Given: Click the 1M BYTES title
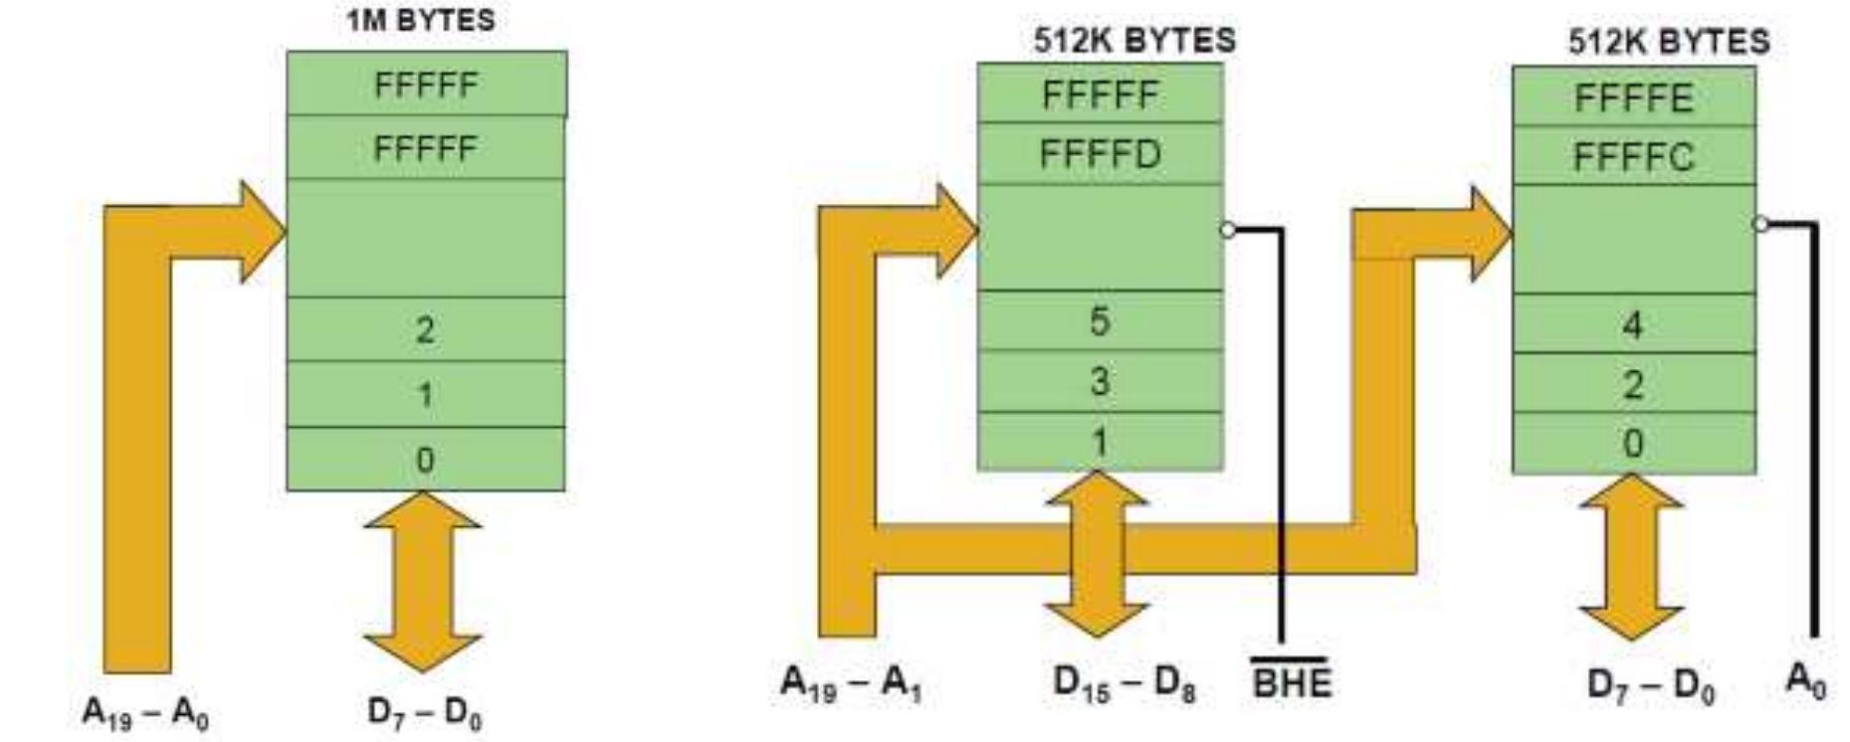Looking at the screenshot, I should point(420,21).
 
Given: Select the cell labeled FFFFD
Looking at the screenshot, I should point(1100,154).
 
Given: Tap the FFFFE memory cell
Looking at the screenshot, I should point(1633,97).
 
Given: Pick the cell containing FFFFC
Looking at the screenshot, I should point(1633,157).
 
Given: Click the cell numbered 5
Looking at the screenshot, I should point(1100,321).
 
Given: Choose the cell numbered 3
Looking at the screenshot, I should point(1100,381).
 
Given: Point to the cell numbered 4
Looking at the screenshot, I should point(1633,324).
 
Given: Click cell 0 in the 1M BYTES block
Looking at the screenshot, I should point(425,460).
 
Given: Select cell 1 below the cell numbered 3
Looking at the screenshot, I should point(1100,442).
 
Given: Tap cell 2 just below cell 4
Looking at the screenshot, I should point(1633,384).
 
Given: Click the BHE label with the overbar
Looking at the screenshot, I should point(1291,682).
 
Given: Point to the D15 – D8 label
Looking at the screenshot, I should point(1124,683).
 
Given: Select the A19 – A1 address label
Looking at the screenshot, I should point(851,683).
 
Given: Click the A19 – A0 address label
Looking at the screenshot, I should point(145,712).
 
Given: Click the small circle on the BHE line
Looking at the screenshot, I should point(1228,230).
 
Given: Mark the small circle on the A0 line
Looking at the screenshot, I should point(1760,224).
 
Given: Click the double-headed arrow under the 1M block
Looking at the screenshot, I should point(424,582).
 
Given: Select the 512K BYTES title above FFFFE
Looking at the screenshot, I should point(1669,41).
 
